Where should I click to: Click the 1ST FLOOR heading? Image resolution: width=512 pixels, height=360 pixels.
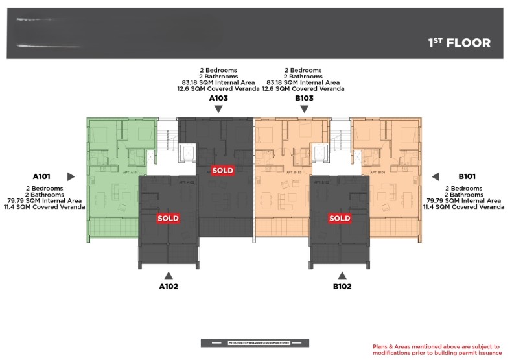pyautogui.click(x=459, y=43)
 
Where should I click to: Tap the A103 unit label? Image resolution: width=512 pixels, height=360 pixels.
pyautogui.click(x=218, y=98)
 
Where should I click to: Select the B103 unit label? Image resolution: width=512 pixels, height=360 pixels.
pyautogui.click(x=304, y=98)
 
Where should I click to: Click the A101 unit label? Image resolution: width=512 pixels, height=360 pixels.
pyautogui.click(x=42, y=176)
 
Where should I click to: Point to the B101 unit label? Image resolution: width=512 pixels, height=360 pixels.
pyautogui.click(x=467, y=176)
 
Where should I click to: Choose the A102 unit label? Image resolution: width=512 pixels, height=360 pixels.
pyautogui.click(x=169, y=286)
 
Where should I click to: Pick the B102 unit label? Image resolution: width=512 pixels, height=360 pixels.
pyautogui.click(x=342, y=286)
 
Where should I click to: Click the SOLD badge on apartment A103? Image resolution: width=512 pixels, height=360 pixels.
pyautogui.click(x=223, y=170)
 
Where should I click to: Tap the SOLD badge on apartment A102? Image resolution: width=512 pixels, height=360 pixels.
pyautogui.click(x=168, y=219)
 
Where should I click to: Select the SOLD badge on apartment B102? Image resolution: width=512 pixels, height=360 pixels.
pyautogui.click(x=340, y=219)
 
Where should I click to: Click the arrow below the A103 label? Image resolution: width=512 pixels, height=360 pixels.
pyautogui.click(x=218, y=109)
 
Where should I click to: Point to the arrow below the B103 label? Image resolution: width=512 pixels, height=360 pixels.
pyautogui.click(x=304, y=109)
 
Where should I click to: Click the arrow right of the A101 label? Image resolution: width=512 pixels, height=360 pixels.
pyautogui.click(x=71, y=176)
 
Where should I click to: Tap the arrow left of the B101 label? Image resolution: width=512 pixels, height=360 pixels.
pyautogui.click(x=436, y=176)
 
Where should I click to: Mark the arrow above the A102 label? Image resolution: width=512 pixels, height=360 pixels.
pyautogui.click(x=169, y=275)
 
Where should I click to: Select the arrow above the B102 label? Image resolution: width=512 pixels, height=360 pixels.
pyautogui.click(x=342, y=275)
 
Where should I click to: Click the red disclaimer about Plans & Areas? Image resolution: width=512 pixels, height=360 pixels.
pyautogui.click(x=437, y=350)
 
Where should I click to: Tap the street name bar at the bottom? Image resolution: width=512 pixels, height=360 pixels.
pyautogui.click(x=255, y=342)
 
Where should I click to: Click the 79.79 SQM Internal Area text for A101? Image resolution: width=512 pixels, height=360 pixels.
pyautogui.click(x=45, y=200)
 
